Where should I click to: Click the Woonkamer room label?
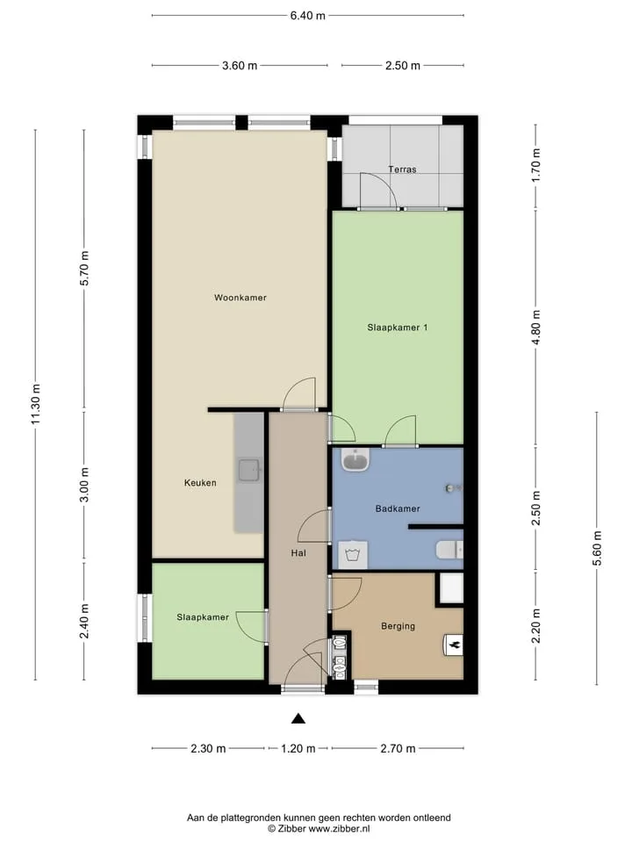click(x=241, y=298)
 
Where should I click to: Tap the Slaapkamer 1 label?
click(x=398, y=328)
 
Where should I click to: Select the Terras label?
click(x=403, y=169)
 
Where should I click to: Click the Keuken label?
click(x=200, y=483)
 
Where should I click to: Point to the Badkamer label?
click(x=398, y=508)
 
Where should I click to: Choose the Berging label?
click(x=399, y=626)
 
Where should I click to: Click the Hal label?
click(x=298, y=552)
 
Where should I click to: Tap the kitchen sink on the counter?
click(x=250, y=471)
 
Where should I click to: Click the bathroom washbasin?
click(x=356, y=460)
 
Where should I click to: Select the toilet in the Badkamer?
click(x=449, y=550)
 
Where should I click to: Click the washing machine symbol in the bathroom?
click(x=353, y=555)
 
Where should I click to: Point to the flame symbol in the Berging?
click(x=454, y=645)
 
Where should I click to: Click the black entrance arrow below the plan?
click(x=298, y=718)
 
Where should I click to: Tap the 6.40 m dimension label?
click(x=308, y=16)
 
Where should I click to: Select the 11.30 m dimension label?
click(x=36, y=404)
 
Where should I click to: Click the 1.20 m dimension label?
click(x=298, y=748)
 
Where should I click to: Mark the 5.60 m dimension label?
click(x=597, y=548)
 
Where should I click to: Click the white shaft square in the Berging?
click(x=451, y=587)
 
